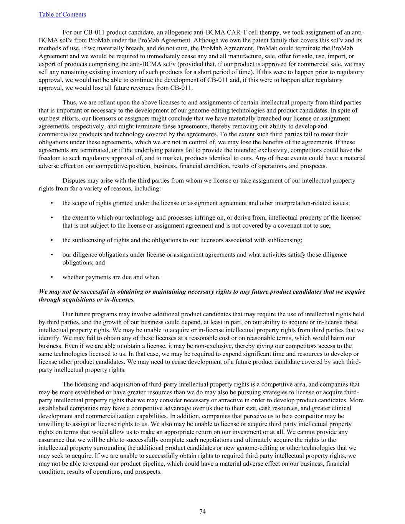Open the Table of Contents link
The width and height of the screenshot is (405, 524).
pos(62,15)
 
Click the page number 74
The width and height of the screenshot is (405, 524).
pos(202,511)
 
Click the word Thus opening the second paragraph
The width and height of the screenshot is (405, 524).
pos(69,102)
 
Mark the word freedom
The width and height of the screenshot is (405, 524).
pos(50,158)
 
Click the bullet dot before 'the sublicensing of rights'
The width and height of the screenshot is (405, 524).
pos(52,240)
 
